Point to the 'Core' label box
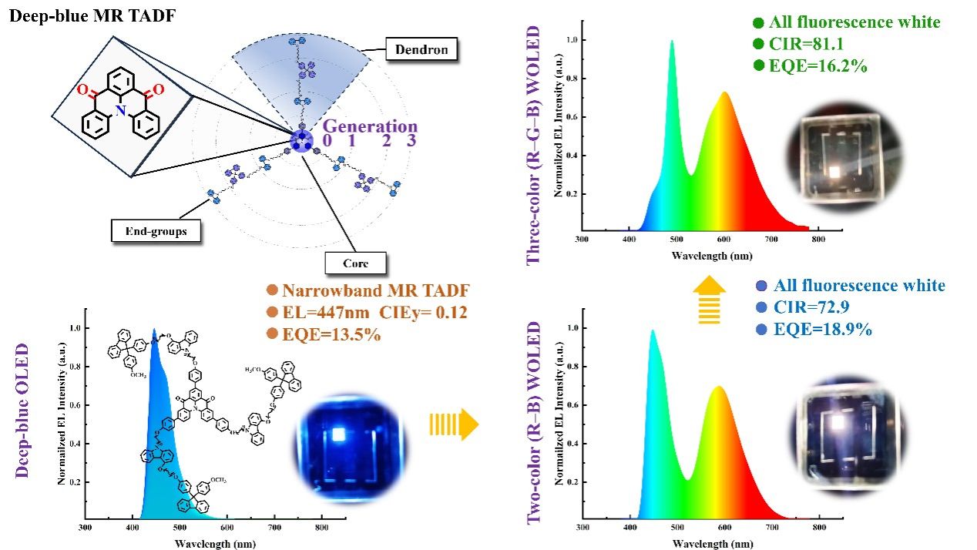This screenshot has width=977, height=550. pyautogui.click(x=355, y=263)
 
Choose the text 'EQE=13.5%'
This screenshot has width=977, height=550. pyautogui.click(x=324, y=335)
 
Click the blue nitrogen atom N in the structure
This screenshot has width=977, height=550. pyautogui.click(x=121, y=112)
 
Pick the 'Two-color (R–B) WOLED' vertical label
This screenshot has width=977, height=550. pyautogui.click(x=535, y=424)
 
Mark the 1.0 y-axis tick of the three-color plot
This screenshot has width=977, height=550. pyautogui.click(x=570, y=39)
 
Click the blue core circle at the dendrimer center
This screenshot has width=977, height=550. pyautogui.click(x=301, y=141)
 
